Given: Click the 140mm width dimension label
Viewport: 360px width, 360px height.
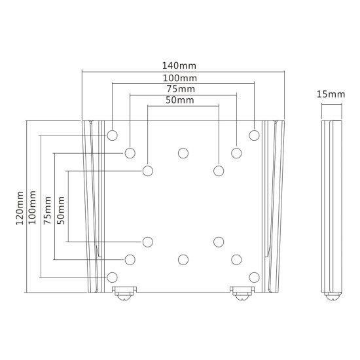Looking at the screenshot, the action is [179, 65].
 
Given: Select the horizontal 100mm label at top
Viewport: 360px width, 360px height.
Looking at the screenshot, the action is [180, 79].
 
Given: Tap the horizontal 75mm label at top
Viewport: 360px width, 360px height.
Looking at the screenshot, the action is [181, 89].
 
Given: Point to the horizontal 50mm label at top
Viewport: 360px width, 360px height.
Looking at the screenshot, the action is [180, 100].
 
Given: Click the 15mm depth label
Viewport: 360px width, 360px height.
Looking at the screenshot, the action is [331, 94].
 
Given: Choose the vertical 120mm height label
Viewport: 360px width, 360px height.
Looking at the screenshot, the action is [20, 208].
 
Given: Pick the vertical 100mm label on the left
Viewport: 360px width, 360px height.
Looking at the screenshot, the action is [32, 207].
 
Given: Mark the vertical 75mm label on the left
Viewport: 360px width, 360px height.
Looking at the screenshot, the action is [48, 210].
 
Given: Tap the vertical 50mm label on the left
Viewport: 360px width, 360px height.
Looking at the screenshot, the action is [61, 210].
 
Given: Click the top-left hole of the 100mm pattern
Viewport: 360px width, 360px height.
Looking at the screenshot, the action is [113, 135].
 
